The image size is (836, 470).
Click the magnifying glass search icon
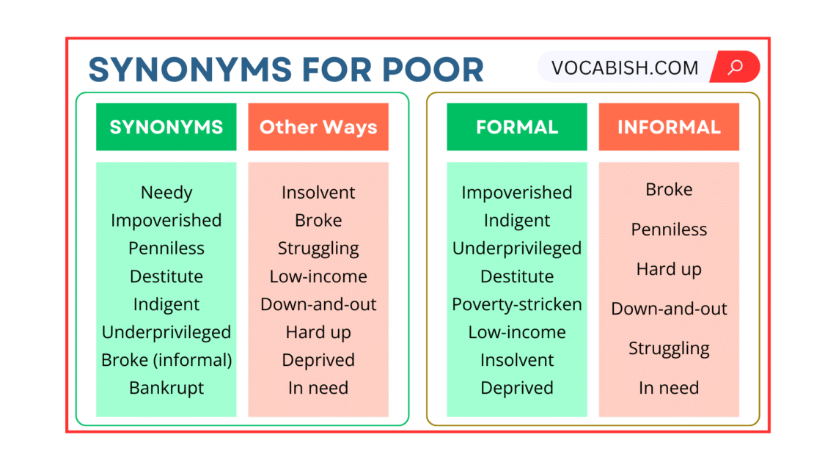735,67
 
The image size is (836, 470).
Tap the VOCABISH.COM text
625,68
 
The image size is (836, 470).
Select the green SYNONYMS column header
166,127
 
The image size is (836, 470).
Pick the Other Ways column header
318,127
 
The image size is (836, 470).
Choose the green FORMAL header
517,127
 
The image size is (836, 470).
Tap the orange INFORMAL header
669,127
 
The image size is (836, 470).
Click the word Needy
166,193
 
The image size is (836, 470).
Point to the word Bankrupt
166,388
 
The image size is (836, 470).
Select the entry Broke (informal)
166,360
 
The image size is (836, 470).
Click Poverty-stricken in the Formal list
517,304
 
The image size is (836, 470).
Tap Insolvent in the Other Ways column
318,193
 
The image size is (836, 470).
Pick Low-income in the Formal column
517,332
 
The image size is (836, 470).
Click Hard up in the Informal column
669,269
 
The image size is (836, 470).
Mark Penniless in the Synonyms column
166,249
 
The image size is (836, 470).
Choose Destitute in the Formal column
517,276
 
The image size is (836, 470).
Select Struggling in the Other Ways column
318,249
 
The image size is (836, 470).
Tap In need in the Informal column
669,388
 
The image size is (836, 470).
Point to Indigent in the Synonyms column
166,304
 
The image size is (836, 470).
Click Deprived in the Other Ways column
318,360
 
